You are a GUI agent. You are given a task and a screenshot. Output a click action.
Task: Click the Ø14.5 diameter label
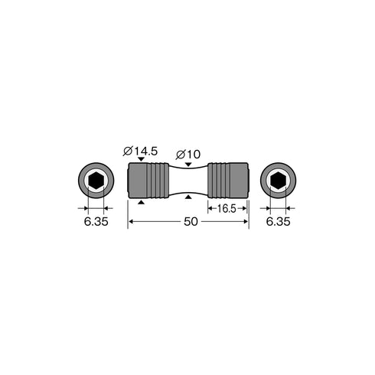[x=140, y=151]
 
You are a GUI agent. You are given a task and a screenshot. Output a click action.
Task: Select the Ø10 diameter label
[x=189, y=152]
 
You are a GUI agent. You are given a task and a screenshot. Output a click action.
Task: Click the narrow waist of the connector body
[x=188, y=181]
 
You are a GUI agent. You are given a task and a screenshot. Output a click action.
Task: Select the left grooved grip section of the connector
[x=148, y=181]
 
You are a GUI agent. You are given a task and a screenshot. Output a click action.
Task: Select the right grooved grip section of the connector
[x=228, y=181]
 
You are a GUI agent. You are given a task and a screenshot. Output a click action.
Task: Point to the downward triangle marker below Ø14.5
[x=141, y=159]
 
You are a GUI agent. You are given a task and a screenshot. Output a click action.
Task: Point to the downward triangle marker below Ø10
[x=189, y=162]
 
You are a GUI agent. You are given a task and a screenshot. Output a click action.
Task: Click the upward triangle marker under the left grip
[x=141, y=203]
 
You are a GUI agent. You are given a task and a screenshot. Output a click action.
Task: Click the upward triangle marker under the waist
[x=189, y=199]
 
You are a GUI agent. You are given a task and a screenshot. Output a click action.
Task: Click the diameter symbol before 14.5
[x=127, y=151]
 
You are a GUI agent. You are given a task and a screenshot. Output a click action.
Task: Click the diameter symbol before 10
[x=180, y=152]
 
